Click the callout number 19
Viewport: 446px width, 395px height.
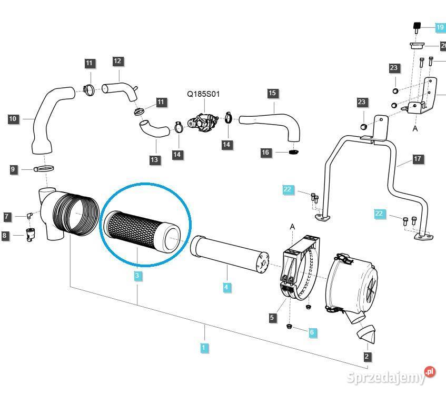440,27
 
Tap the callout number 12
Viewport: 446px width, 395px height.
117,62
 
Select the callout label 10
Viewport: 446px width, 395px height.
13,119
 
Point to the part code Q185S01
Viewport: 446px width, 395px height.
203,95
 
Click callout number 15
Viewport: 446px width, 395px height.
272,93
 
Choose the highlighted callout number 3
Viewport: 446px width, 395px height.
137,276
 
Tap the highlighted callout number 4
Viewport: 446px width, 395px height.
226,287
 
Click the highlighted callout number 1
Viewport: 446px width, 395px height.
204,347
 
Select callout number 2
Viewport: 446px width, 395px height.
367,356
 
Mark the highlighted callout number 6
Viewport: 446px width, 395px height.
312,332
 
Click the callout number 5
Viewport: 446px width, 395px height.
272,317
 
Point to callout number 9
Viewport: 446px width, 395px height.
13,169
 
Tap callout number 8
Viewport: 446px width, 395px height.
5,236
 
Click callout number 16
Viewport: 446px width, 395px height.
266,153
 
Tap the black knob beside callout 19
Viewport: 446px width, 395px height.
417,27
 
